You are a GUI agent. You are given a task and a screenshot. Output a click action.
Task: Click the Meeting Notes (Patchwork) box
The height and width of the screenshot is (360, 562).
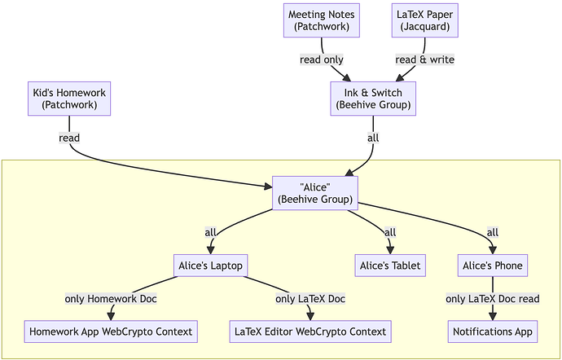[x=321, y=20]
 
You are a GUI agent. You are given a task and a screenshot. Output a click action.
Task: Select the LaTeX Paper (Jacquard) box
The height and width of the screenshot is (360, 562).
[x=424, y=20]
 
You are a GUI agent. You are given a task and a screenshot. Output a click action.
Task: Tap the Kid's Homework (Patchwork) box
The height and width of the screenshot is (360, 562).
[x=69, y=99]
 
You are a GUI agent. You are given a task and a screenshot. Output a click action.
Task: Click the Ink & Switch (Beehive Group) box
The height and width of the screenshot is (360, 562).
[x=373, y=99]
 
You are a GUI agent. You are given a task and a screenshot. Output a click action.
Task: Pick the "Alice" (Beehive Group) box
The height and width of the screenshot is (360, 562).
[x=314, y=193]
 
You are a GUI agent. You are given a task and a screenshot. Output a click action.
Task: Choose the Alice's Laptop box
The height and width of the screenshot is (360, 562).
[x=211, y=265]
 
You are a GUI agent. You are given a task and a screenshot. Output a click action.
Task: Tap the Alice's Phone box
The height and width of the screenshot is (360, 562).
[x=492, y=265]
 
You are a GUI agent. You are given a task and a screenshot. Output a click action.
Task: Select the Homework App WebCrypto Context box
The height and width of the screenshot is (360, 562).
[x=111, y=331]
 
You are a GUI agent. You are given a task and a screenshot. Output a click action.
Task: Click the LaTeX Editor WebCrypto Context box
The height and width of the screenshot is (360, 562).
[x=310, y=331]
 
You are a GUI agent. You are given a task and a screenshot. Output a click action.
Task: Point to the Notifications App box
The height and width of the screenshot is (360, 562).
[x=492, y=331]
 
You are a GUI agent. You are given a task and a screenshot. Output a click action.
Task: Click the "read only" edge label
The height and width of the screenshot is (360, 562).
[x=322, y=59]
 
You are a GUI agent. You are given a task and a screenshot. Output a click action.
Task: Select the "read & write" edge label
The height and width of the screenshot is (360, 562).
[x=424, y=59]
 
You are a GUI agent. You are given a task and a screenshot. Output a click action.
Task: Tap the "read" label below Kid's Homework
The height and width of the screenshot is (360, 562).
[x=69, y=138]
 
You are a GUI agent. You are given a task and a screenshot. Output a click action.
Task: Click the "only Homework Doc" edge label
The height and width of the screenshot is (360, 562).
[x=111, y=298]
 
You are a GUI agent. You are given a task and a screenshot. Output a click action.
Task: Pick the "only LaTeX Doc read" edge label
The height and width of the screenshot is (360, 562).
[x=492, y=298]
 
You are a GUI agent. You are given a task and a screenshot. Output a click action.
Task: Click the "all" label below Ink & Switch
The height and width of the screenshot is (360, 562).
[x=373, y=138]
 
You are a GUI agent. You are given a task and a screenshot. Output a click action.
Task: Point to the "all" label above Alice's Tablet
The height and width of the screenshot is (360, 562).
[x=390, y=232]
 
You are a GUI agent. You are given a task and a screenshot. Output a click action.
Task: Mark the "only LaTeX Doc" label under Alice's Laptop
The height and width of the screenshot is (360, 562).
[x=310, y=298]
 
